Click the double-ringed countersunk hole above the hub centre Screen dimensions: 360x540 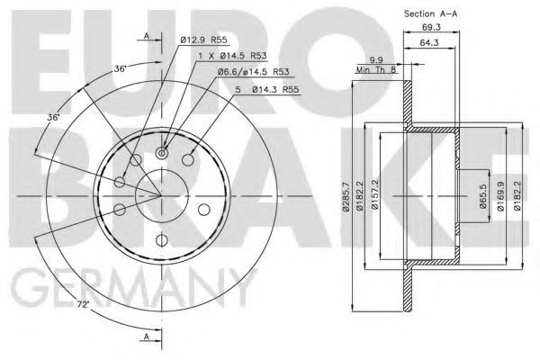pyautogui.click(x=161, y=154)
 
